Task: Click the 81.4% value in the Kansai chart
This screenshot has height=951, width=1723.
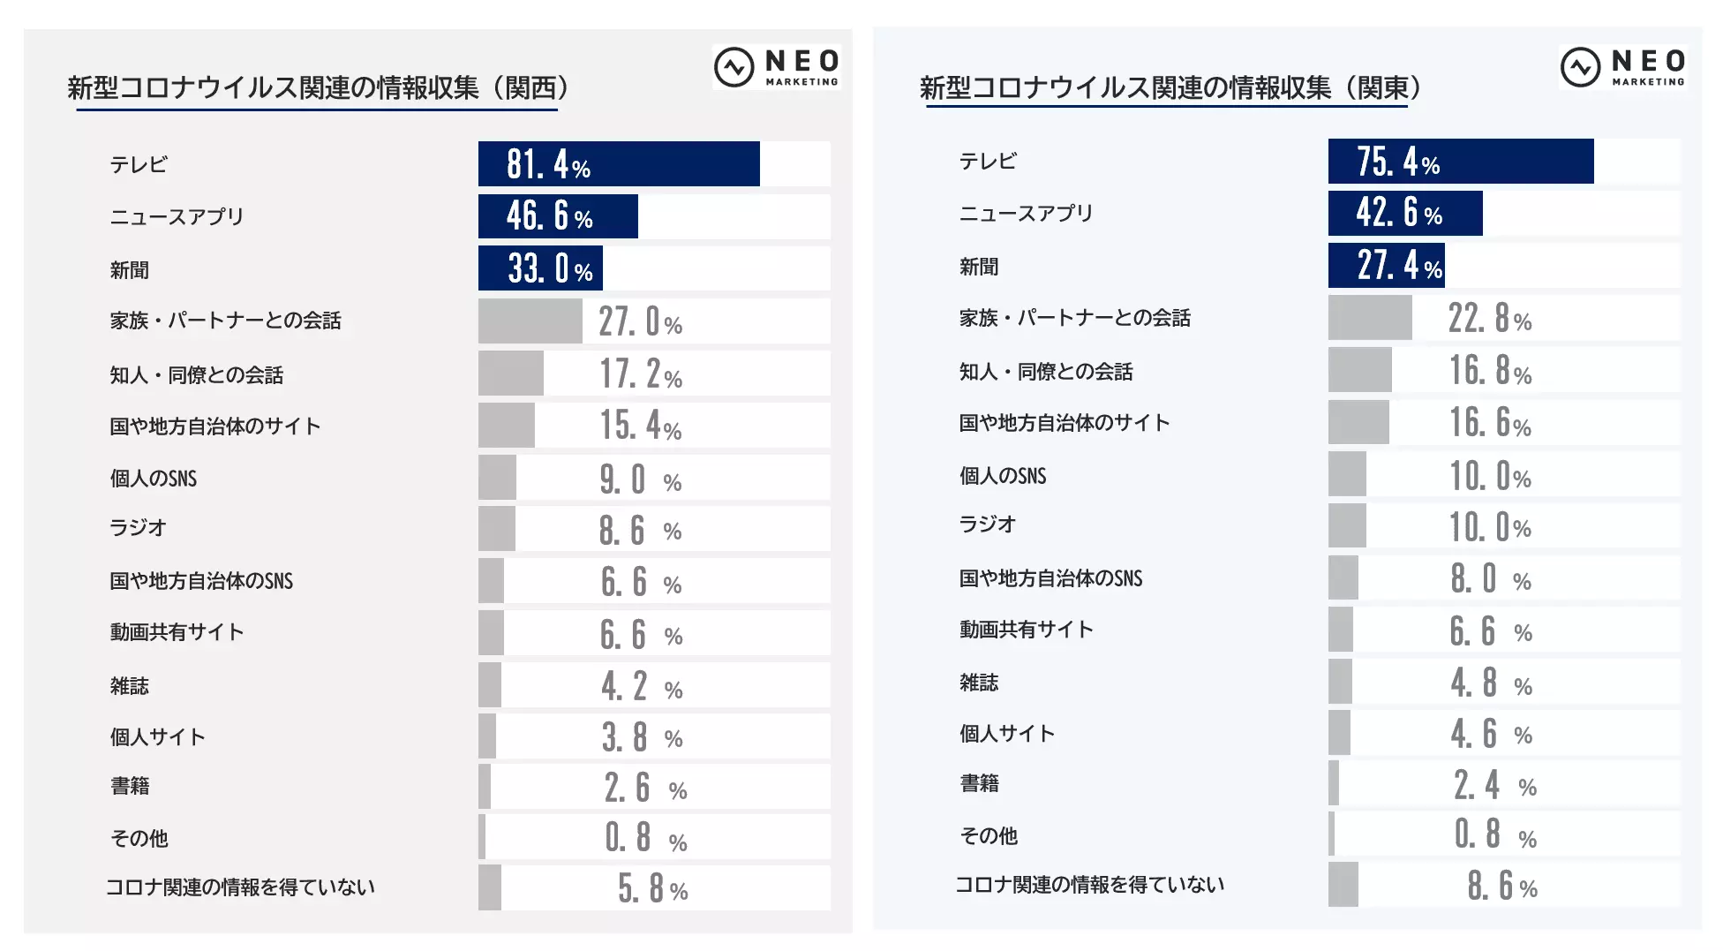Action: tap(548, 165)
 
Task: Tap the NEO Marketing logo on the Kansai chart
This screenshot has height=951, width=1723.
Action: tap(777, 67)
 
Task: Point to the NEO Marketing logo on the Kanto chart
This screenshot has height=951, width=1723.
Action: tap(1623, 67)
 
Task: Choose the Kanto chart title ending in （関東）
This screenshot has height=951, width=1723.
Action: tap(1170, 88)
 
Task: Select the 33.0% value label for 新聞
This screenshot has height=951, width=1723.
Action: tap(550, 269)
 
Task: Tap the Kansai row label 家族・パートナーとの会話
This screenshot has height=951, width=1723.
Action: tap(225, 321)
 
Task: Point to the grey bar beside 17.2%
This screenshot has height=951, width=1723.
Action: tap(510, 374)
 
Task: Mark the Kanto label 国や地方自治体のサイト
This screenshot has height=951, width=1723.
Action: tap(1064, 423)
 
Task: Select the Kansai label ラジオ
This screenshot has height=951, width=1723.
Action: tap(138, 528)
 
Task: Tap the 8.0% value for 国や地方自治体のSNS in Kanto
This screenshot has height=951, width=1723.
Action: tap(1490, 580)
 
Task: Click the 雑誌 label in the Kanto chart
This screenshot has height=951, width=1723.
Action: tap(979, 683)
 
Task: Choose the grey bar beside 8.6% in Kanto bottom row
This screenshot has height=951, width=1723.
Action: tap(1343, 885)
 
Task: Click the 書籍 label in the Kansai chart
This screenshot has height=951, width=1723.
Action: tap(130, 786)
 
